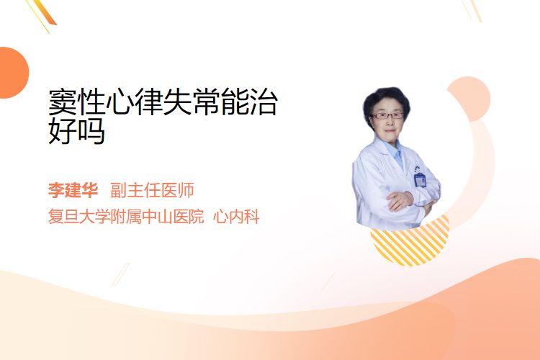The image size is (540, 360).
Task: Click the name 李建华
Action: [x=73, y=190]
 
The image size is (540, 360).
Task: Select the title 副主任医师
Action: [x=152, y=190]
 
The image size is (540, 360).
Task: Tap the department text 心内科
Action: [x=236, y=217]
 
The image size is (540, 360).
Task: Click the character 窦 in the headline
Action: [x=63, y=102]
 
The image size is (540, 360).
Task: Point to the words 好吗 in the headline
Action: [x=76, y=131]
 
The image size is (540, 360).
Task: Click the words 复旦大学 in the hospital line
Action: [x=79, y=217]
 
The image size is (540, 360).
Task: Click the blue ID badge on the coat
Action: [x=420, y=180]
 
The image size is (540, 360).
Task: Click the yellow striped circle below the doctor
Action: [x=410, y=241]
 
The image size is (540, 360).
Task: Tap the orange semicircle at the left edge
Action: [x=14, y=73]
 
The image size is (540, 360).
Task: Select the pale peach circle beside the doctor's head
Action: [x=470, y=99]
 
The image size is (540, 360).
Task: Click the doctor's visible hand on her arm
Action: [x=399, y=200]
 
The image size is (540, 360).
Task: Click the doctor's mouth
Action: [x=390, y=130]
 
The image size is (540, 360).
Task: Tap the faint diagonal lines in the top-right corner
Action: [x=472, y=10]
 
